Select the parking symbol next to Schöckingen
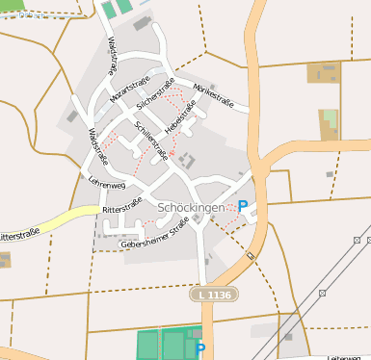(x=243, y=205)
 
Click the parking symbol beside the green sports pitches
(x=199, y=347)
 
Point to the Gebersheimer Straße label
(x=153, y=236)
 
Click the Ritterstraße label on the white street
(x=121, y=207)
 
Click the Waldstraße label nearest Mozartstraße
(x=113, y=56)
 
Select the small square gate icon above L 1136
(x=250, y=255)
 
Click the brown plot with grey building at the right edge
(x=324, y=71)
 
